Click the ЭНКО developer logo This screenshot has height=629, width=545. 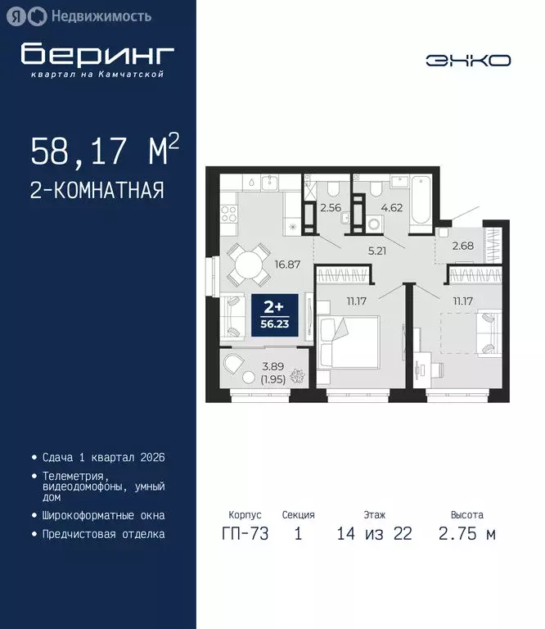468,60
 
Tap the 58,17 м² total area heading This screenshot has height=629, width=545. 105,152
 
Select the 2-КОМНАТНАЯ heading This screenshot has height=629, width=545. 97,191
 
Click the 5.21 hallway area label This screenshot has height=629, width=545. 376,251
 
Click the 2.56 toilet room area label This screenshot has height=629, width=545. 331,208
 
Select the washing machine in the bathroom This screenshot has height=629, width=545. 375,224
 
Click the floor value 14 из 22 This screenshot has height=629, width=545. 374,535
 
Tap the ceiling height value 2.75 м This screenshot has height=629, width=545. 466,535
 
